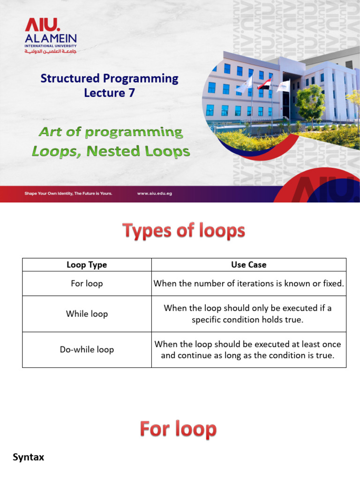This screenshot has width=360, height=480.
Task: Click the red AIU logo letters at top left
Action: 42,25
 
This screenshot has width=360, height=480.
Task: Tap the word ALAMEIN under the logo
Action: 51,38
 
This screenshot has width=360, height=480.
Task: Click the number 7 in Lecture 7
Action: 132,93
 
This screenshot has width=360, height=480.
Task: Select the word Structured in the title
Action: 70,78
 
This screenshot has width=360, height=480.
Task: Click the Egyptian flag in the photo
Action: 264,83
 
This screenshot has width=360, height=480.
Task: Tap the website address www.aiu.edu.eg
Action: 155,194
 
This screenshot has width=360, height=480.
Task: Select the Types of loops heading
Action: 184,231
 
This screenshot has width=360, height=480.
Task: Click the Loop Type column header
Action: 87,265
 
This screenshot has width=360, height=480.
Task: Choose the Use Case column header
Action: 248,265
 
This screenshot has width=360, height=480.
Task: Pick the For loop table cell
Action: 87,284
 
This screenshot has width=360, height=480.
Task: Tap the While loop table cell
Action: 87,314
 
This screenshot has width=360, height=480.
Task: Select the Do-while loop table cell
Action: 87,350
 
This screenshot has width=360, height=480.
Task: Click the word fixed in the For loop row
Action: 333,284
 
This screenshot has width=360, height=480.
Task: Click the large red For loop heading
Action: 178,429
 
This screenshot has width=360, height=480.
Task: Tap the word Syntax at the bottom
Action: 29,457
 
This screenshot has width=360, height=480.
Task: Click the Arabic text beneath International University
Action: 51,52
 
